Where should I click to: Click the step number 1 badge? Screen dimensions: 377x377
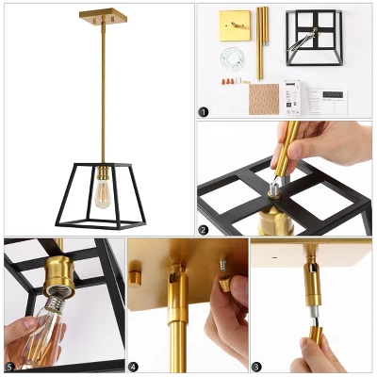point(204,110)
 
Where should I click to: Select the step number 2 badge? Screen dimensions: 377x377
point(204,229)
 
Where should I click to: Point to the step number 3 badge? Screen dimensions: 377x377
point(256,365)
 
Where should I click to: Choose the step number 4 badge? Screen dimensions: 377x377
point(133,365)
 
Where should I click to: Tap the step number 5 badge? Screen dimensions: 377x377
point(10,365)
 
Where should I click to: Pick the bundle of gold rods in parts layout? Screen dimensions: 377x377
point(261,42)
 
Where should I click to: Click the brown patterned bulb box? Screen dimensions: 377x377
point(264,97)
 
